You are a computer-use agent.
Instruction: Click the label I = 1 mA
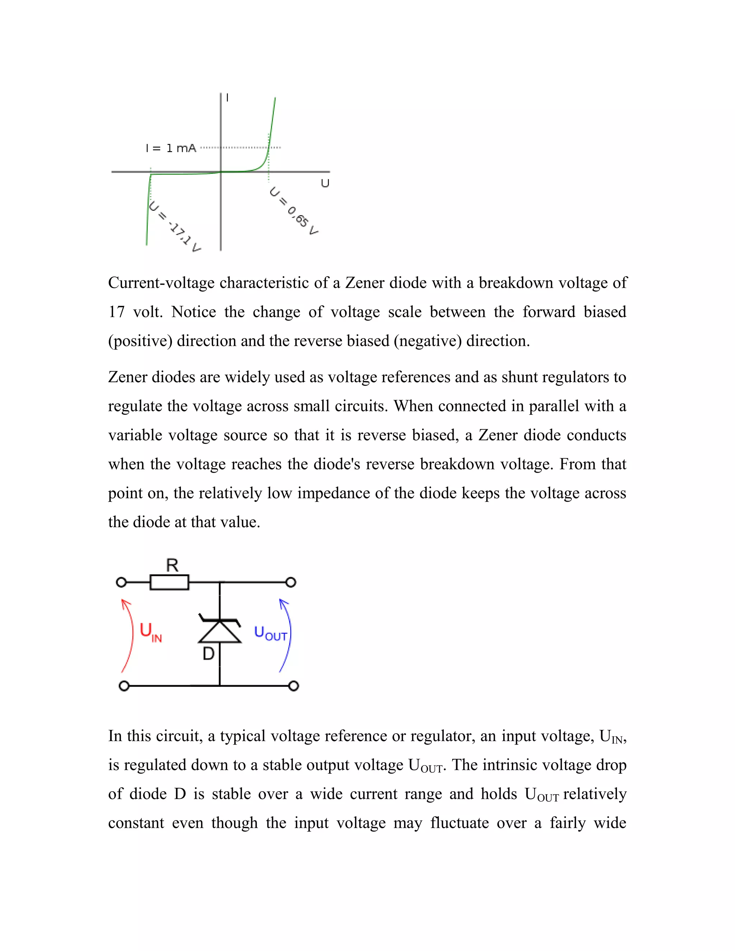point(171,149)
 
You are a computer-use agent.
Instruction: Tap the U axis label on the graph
point(325,183)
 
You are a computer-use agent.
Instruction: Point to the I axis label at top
point(227,98)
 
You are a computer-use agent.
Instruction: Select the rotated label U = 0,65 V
point(294,211)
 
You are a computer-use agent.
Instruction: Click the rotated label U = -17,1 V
point(174,226)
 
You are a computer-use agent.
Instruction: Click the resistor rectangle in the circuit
point(169,582)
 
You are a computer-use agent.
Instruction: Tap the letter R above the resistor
point(172,566)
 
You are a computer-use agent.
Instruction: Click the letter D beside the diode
point(209,653)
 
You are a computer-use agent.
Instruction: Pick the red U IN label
point(150,632)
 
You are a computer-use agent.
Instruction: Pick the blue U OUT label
point(270,633)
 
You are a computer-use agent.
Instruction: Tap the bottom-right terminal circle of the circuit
point(294,686)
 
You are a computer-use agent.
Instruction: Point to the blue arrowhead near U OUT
point(284,603)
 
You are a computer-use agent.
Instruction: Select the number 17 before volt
point(116,312)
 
